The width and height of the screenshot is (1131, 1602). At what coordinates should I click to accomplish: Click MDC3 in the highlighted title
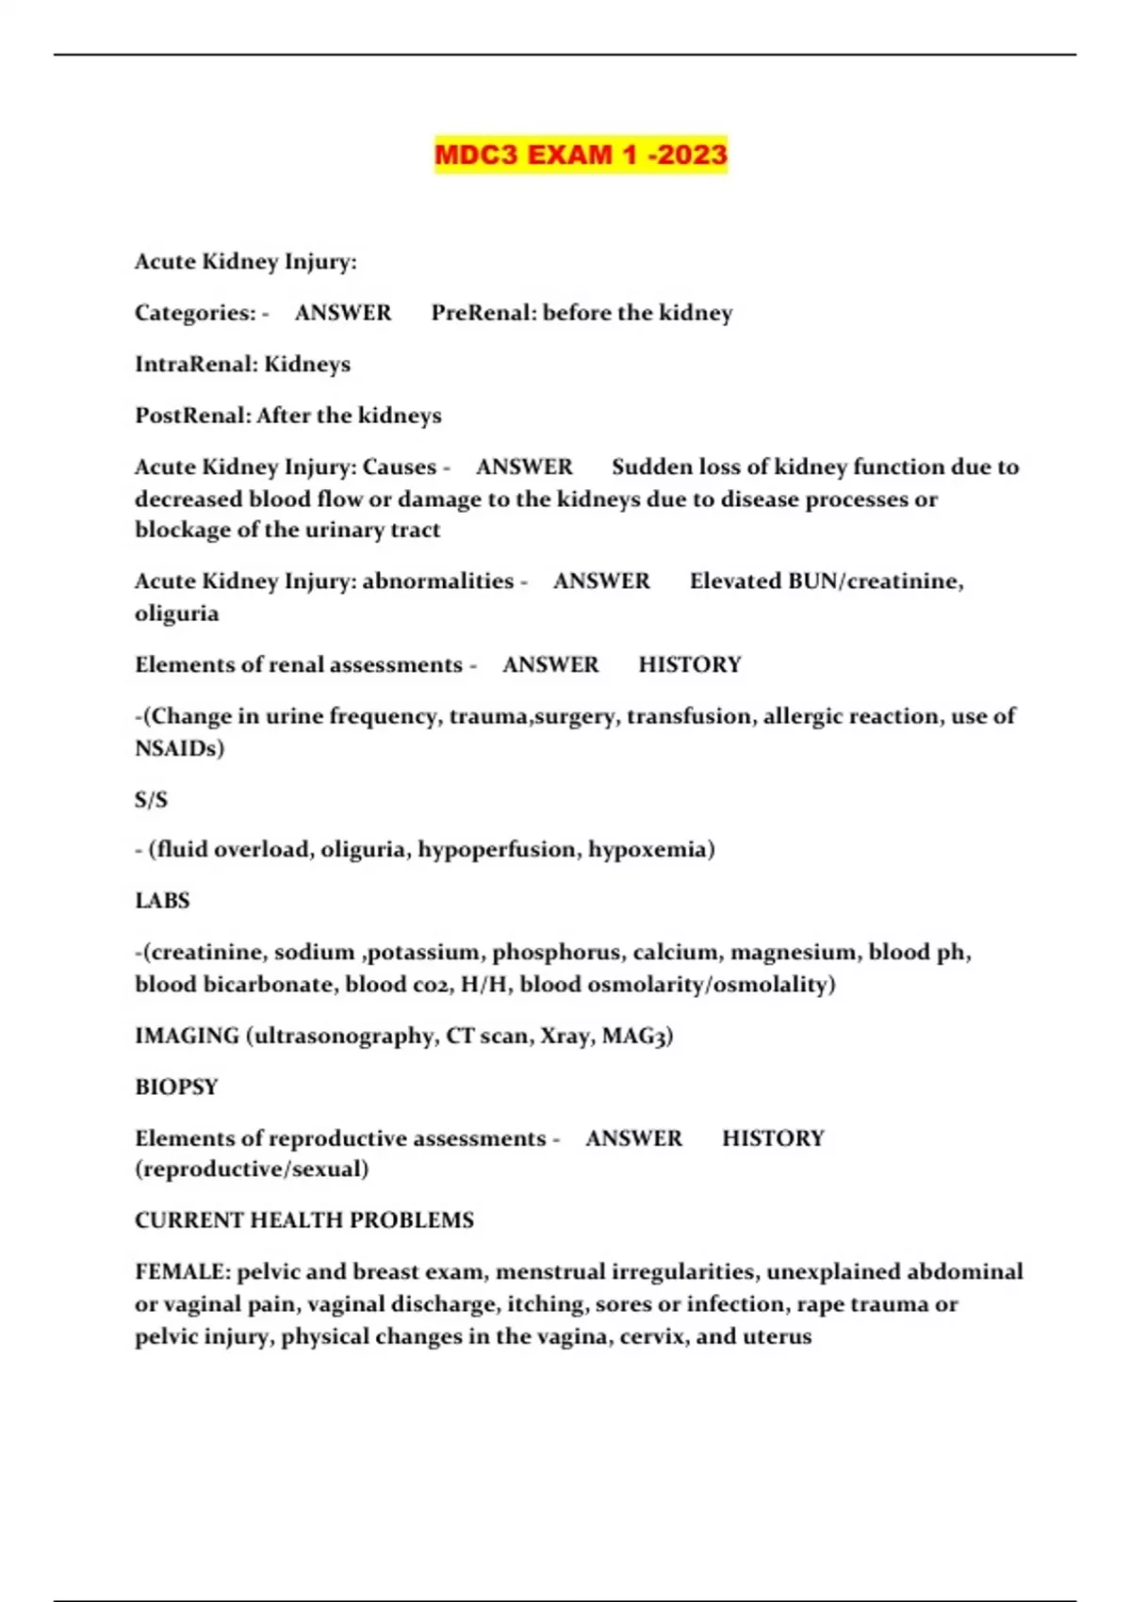(476, 155)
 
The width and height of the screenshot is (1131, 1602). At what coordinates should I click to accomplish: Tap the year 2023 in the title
(693, 155)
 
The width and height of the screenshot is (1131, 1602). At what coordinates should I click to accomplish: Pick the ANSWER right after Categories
(343, 313)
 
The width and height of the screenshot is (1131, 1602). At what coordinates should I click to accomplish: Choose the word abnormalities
(437, 581)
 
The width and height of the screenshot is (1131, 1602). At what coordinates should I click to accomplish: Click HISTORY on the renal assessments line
(690, 665)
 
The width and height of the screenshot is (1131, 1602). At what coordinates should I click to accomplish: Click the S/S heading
(151, 800)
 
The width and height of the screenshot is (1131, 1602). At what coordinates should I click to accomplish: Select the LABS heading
(162, 901)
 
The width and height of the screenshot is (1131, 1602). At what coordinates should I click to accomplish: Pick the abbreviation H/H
(484, 985)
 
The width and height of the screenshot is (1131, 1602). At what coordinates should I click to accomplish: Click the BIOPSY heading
(176, 1087)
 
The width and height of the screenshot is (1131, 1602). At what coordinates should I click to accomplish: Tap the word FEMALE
(182, 1272)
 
